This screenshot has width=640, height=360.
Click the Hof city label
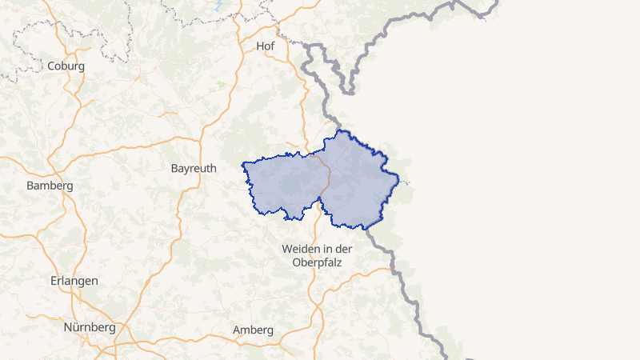click(x=266, y=46)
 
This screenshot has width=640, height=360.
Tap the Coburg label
click(x=66, y=66)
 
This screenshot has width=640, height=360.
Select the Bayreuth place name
click(x=194, y=169)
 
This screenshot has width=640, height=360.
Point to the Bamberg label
click(x=50, y=186)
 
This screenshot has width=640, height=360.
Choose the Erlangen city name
click(x=74, y=281)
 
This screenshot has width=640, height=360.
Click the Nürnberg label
click(x=90, y=327)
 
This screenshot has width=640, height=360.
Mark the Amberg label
click(x=253, y=330)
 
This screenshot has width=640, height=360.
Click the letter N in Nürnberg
click(x=68, y=327)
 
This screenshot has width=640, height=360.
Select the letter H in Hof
click(x=260, y=46)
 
